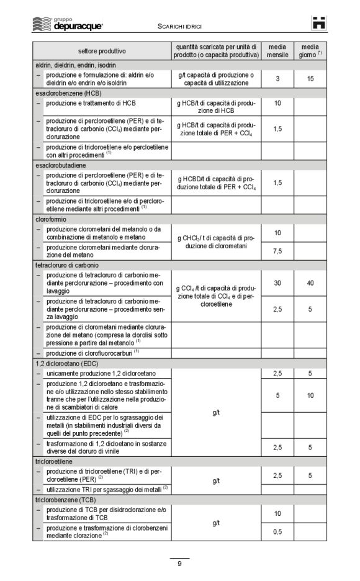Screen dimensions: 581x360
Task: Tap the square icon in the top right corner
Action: [319, 24]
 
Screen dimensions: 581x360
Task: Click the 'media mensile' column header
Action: [277, 51]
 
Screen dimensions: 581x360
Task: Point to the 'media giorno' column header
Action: [310, 51]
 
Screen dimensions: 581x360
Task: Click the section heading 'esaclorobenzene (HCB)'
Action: [64, 93]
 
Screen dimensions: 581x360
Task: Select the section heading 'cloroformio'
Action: [51, 219]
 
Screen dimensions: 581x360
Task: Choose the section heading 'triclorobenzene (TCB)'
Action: [65, 500]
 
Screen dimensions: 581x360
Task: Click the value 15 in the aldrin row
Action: [310, 79]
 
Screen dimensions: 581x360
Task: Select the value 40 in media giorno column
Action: [310, 283]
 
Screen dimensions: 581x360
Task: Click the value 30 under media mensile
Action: [277, 283]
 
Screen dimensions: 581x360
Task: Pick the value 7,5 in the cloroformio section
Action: [277, 251]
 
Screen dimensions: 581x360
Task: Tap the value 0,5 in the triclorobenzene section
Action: [277, 532]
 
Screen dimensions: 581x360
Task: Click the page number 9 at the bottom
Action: [179, 564]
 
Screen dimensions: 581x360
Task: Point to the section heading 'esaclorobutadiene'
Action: [60, 166]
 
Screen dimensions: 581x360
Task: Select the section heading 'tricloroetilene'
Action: [53, 462]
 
